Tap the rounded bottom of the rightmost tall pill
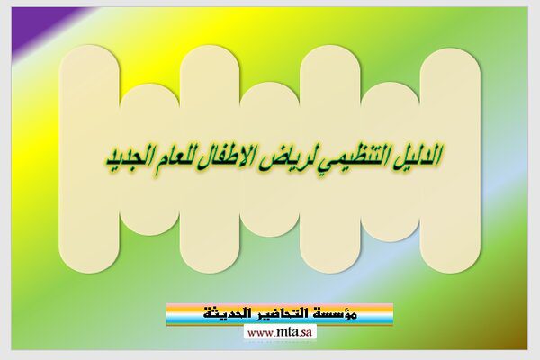[450, 257]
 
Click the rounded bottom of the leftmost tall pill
[89, 257]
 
